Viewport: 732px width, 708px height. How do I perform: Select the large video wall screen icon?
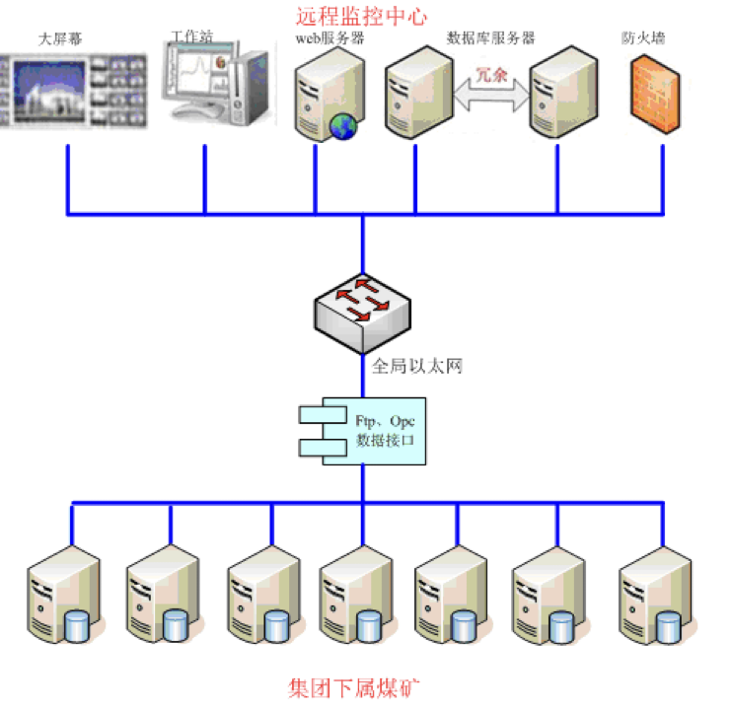(x=75, y=90)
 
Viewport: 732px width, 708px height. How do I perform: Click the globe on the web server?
(x=343, y=126)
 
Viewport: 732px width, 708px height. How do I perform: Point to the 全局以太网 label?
(x=417, y=367)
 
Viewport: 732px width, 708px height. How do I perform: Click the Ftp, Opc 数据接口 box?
(x=363, y=431)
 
